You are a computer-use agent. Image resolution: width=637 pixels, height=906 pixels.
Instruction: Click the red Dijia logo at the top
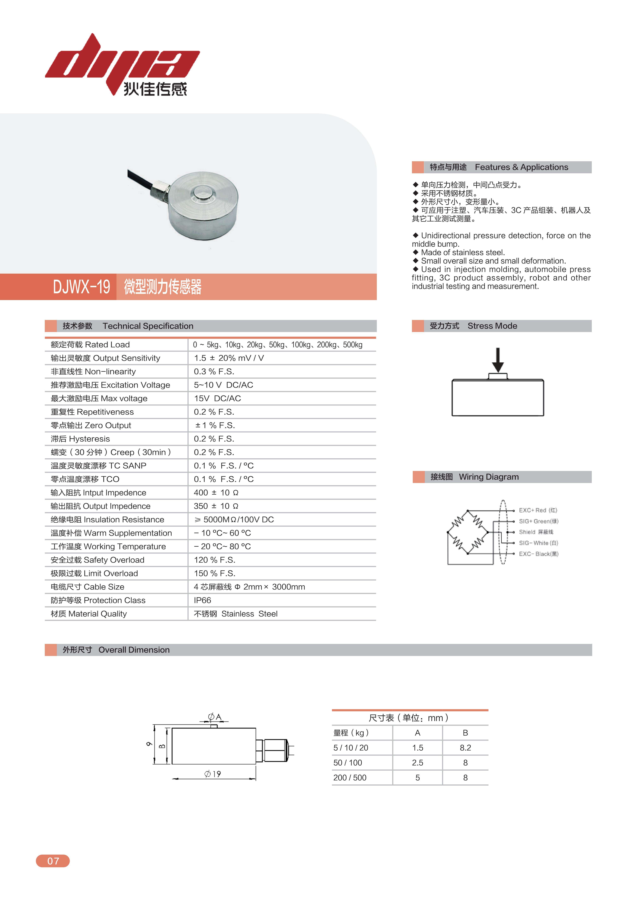[x=122, y=63]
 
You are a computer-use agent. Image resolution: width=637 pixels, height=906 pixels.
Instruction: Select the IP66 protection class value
[x=202, y=600]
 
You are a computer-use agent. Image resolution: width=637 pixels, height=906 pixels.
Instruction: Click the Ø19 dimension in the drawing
[x=213, y=774]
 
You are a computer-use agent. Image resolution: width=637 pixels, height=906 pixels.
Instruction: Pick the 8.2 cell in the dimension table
[x=465, y=748]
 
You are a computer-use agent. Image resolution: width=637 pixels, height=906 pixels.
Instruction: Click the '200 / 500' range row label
[x=350, y=778]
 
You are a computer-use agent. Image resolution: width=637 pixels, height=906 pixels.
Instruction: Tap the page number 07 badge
[x=53, y=861]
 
